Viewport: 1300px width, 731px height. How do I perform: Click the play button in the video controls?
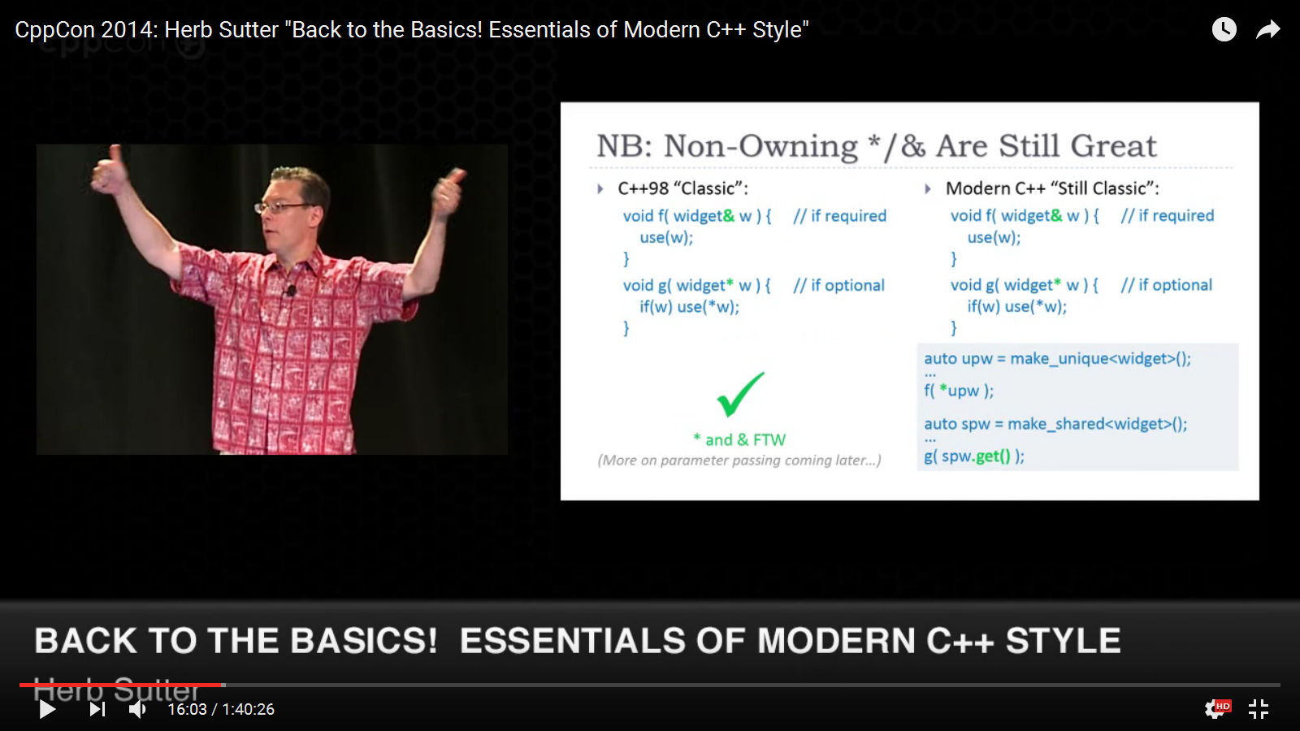48,709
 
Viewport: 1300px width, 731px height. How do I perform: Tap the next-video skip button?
97,709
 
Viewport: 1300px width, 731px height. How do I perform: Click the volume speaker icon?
137,709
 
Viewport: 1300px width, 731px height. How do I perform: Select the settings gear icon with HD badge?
1217,708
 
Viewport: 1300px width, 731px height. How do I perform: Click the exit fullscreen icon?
1259,709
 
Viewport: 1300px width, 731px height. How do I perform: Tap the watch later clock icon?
1224,29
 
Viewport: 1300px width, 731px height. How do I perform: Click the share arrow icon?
1268,29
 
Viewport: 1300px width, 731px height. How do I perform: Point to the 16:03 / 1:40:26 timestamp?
220,709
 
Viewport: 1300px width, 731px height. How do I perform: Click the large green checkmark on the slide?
740,395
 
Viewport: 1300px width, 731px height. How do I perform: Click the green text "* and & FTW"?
739,439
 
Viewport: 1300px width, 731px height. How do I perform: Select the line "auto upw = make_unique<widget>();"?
1057,358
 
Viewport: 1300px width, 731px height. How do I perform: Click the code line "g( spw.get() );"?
974,456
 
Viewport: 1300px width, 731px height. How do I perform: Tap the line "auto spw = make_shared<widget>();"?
1055,424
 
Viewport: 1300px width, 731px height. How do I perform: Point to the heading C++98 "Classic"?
683,188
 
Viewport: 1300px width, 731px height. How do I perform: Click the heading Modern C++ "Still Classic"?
1052,188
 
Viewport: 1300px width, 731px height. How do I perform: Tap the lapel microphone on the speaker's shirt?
290,289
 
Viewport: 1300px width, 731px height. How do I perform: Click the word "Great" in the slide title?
1113,145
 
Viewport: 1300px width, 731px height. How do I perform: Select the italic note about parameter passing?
739,461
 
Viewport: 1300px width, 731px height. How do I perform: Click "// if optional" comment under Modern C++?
1167,285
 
